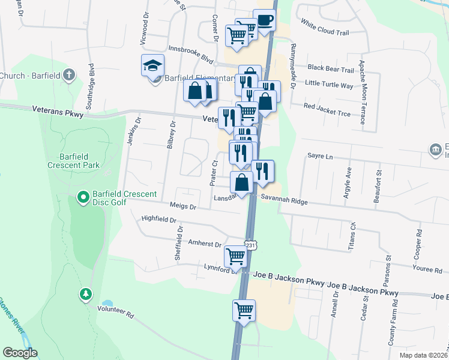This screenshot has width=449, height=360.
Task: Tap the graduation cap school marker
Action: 153,65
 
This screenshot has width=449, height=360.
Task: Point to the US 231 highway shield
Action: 251,245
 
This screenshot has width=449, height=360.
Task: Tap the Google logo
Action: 20,353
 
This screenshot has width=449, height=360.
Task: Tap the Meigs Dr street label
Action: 184,206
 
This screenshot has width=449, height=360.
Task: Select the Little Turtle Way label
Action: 330,85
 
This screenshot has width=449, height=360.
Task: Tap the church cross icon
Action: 69,75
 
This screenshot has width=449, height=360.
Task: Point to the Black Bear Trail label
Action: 331,70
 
